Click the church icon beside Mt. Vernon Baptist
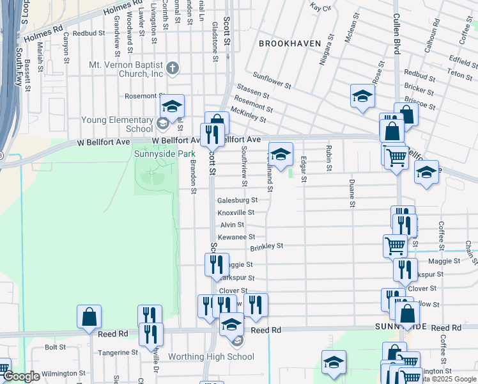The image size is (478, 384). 173,68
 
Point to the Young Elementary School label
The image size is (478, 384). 116,124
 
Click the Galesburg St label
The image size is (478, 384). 237,200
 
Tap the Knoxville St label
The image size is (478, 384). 236,212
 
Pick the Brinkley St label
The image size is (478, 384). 266,246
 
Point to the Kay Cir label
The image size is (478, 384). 320,8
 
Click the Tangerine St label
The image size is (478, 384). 117,353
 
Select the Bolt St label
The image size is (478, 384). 56,348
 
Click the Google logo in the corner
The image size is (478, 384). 21,376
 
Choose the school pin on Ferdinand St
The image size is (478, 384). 280,154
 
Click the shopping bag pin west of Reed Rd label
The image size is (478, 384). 89,316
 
